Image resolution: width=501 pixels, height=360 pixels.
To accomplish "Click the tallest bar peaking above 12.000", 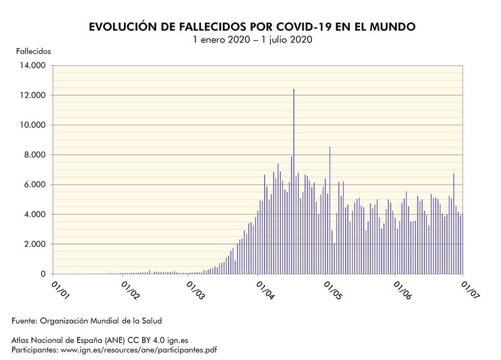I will click(x=294, y=182).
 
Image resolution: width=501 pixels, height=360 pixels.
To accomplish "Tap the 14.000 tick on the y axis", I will click(x=33, y=65).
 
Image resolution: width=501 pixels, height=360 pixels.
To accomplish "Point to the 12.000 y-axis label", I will click(x=33, y=95).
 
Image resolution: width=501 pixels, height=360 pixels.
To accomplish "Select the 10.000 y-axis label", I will click(x=33, y=125).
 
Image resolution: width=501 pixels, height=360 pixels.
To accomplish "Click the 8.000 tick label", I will click(x=35, y=155).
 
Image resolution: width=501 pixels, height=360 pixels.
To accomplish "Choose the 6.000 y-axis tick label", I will click(x=35, y=185).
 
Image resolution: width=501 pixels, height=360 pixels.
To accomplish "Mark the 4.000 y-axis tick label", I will click(x=35, y=214).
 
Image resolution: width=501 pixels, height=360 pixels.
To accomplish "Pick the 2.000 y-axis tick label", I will click(x=35, y=244).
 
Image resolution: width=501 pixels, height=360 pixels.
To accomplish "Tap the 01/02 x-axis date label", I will click(x=131, y=290).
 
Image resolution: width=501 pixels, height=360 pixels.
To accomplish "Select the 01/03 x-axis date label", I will click(x=196, y=290).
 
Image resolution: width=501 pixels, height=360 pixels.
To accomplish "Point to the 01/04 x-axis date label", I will click(x=266, y=290).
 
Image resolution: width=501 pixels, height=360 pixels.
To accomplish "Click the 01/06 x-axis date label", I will click(x=402, y=290).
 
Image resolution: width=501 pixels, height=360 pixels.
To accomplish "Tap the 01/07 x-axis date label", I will click(x=469, y=290).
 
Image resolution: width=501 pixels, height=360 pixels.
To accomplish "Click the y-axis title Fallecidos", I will click(x=33, y=50).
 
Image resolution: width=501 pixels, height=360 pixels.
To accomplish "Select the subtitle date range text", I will click(x=252, y=39).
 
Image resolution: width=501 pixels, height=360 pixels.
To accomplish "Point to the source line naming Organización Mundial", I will click(x=87, y=321).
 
